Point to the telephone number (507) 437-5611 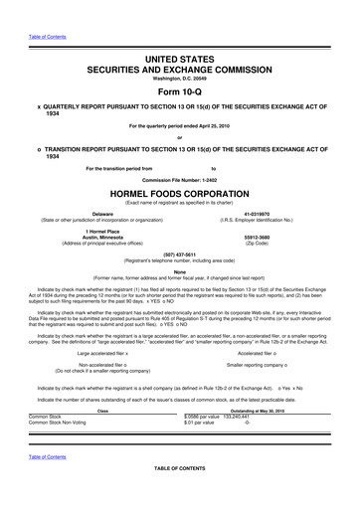[x=180, y=253]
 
